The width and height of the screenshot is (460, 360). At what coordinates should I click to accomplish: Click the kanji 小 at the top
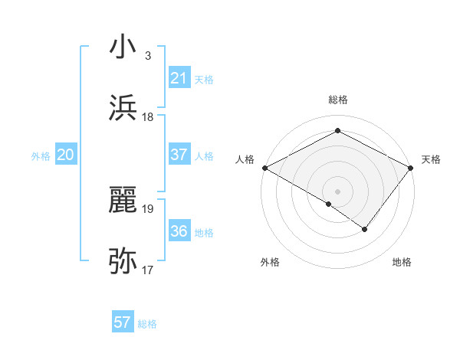123,47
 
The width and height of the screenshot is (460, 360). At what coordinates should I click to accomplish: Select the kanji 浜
123,108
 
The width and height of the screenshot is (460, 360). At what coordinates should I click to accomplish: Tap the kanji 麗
123,200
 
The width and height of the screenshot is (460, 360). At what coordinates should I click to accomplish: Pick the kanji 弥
123,261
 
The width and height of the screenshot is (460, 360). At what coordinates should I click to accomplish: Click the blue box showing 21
179,78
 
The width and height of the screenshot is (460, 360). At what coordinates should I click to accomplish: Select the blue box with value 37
179,155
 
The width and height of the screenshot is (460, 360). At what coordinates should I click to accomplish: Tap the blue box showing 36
179,231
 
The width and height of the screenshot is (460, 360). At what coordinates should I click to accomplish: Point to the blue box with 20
65,155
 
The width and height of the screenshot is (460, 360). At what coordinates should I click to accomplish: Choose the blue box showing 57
122,322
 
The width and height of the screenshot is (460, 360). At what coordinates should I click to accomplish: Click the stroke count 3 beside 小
147,55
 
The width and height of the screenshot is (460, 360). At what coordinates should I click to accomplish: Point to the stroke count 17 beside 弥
147,270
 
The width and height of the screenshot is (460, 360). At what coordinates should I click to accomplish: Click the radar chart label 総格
337,100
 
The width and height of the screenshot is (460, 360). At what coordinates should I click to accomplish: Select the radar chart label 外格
270,262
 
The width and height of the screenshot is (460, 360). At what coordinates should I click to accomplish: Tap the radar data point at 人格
264,168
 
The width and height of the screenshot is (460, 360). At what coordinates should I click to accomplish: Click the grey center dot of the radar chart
337,191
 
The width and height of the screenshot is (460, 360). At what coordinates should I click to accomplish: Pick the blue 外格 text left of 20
41,156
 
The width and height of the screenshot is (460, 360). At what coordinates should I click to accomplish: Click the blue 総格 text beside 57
147,324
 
